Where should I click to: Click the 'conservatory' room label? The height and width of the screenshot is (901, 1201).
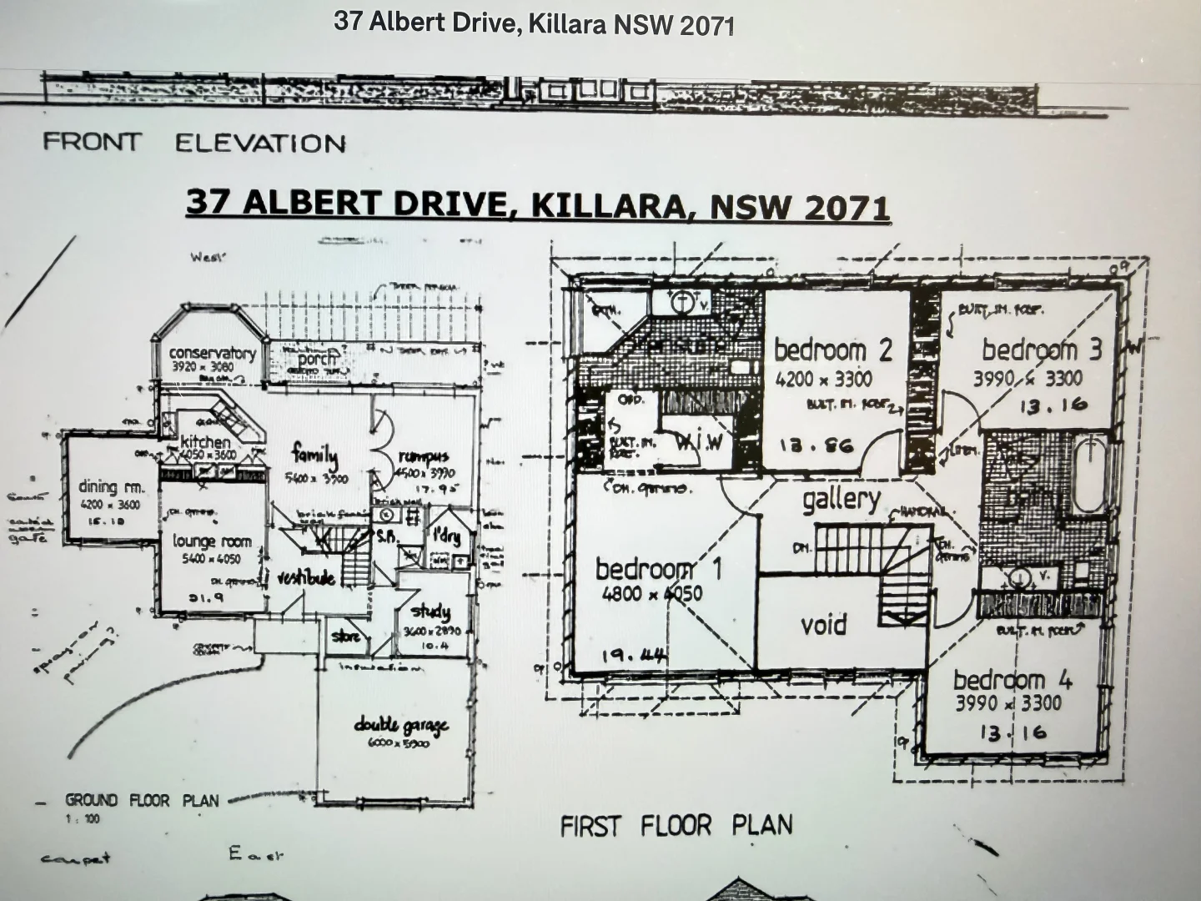pos(212,353)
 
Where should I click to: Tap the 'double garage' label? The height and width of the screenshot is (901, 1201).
pos(401,725)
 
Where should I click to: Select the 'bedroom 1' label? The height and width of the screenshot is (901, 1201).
pos(658,570)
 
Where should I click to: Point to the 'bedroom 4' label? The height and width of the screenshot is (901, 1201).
pos(1012,680)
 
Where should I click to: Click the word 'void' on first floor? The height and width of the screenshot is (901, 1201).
pos(823,624)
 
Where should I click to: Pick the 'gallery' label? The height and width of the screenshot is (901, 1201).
pos(841,500)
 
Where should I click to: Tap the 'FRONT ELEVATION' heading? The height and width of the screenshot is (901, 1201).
pos(193,143)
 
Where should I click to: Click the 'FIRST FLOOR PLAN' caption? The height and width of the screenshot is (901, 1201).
pos(676,826)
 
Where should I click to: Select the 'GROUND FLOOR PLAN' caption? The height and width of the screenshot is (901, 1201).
pos(142,801)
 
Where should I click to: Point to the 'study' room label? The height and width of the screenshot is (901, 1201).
pos(430,612)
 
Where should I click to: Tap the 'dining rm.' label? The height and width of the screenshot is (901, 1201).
pos(112,487)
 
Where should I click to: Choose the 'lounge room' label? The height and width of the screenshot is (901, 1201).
pos(212,541)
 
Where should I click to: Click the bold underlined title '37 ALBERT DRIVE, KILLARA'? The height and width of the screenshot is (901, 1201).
pos(537,205)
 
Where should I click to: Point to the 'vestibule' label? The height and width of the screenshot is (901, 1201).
pos(306,577)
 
